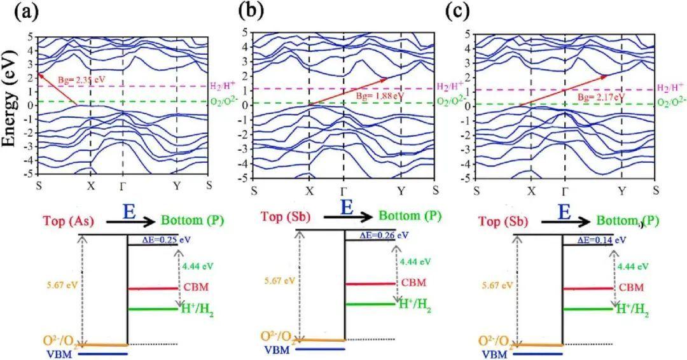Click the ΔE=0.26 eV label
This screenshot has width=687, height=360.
(x=375, y=235)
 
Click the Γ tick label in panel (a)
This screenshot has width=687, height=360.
(x=123, y=186)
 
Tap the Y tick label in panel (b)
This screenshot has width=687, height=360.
(x=401, y=191)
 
